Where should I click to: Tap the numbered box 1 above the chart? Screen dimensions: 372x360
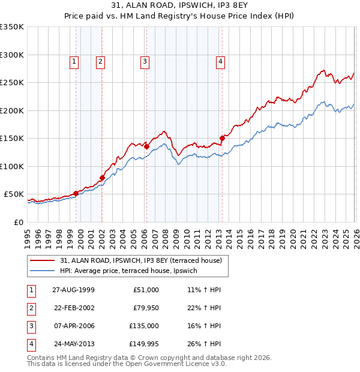pyautogui.click(x=74, y=61)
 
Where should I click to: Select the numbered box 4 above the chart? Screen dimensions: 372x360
pyautogui.click(x=221, y=61)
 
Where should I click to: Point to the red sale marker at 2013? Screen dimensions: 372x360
pyautogui.click(x=222, y=138)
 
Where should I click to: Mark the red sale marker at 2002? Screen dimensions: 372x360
pyautogui.click(x=102, y=178)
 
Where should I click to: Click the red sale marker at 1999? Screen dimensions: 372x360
pyautogui.click(x=76, y=193)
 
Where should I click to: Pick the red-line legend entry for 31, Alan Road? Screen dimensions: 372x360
pyautogui.click(x=141, y=260)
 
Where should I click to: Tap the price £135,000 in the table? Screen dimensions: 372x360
pyautogui.click(x=144, y=327)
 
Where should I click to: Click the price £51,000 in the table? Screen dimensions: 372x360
pyautogui.click(x=146, y=290)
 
